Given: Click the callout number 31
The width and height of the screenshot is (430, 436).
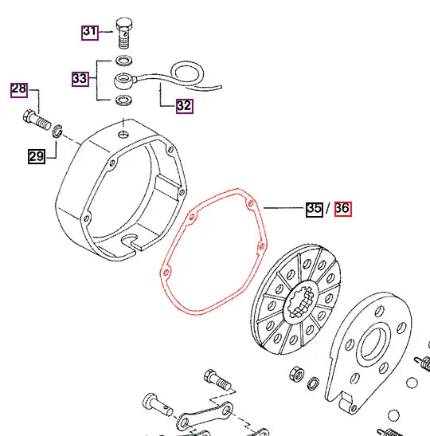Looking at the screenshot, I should (89, 32).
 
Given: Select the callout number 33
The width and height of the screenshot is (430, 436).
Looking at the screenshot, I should (80, 79).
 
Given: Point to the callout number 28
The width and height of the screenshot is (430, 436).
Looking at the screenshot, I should (18, 89).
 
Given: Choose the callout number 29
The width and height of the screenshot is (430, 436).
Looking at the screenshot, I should (37, 156).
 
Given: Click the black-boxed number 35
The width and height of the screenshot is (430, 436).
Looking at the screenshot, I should (315, 209).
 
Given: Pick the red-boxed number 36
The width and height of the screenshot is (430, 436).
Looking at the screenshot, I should (342, 209).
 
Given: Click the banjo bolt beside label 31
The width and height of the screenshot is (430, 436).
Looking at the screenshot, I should (124, 32).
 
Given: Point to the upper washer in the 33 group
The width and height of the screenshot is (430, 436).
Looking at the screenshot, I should (124, 61).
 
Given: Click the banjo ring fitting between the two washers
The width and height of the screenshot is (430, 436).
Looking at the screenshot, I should (126, 81).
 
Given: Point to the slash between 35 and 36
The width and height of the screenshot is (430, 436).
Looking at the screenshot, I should (328, 209).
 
